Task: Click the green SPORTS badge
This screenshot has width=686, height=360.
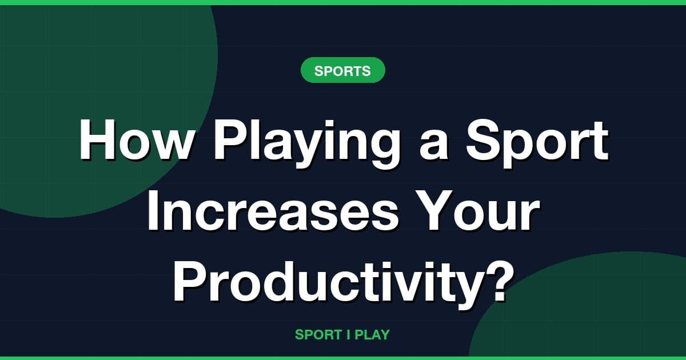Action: click(x=342, y=71)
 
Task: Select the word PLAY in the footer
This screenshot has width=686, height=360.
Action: click(x=372, y=335)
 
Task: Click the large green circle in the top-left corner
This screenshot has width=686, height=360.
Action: click(x=86, y=86)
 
